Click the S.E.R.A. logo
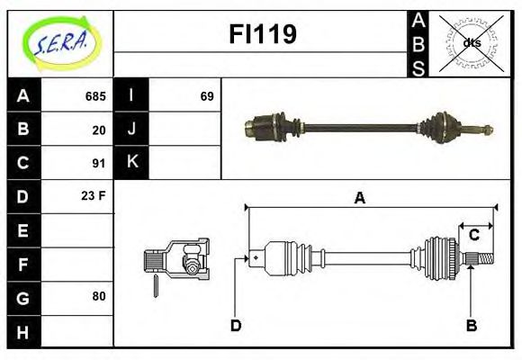60,42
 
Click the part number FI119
261,35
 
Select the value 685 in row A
95,96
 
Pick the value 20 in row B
99,130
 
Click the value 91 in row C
99,163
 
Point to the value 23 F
94,195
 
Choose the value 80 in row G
99,296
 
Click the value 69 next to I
206,96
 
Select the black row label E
23,230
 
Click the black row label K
131,163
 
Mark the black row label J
131,130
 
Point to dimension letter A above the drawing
359,198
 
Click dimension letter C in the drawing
473,236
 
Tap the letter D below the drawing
236,325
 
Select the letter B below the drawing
471,325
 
